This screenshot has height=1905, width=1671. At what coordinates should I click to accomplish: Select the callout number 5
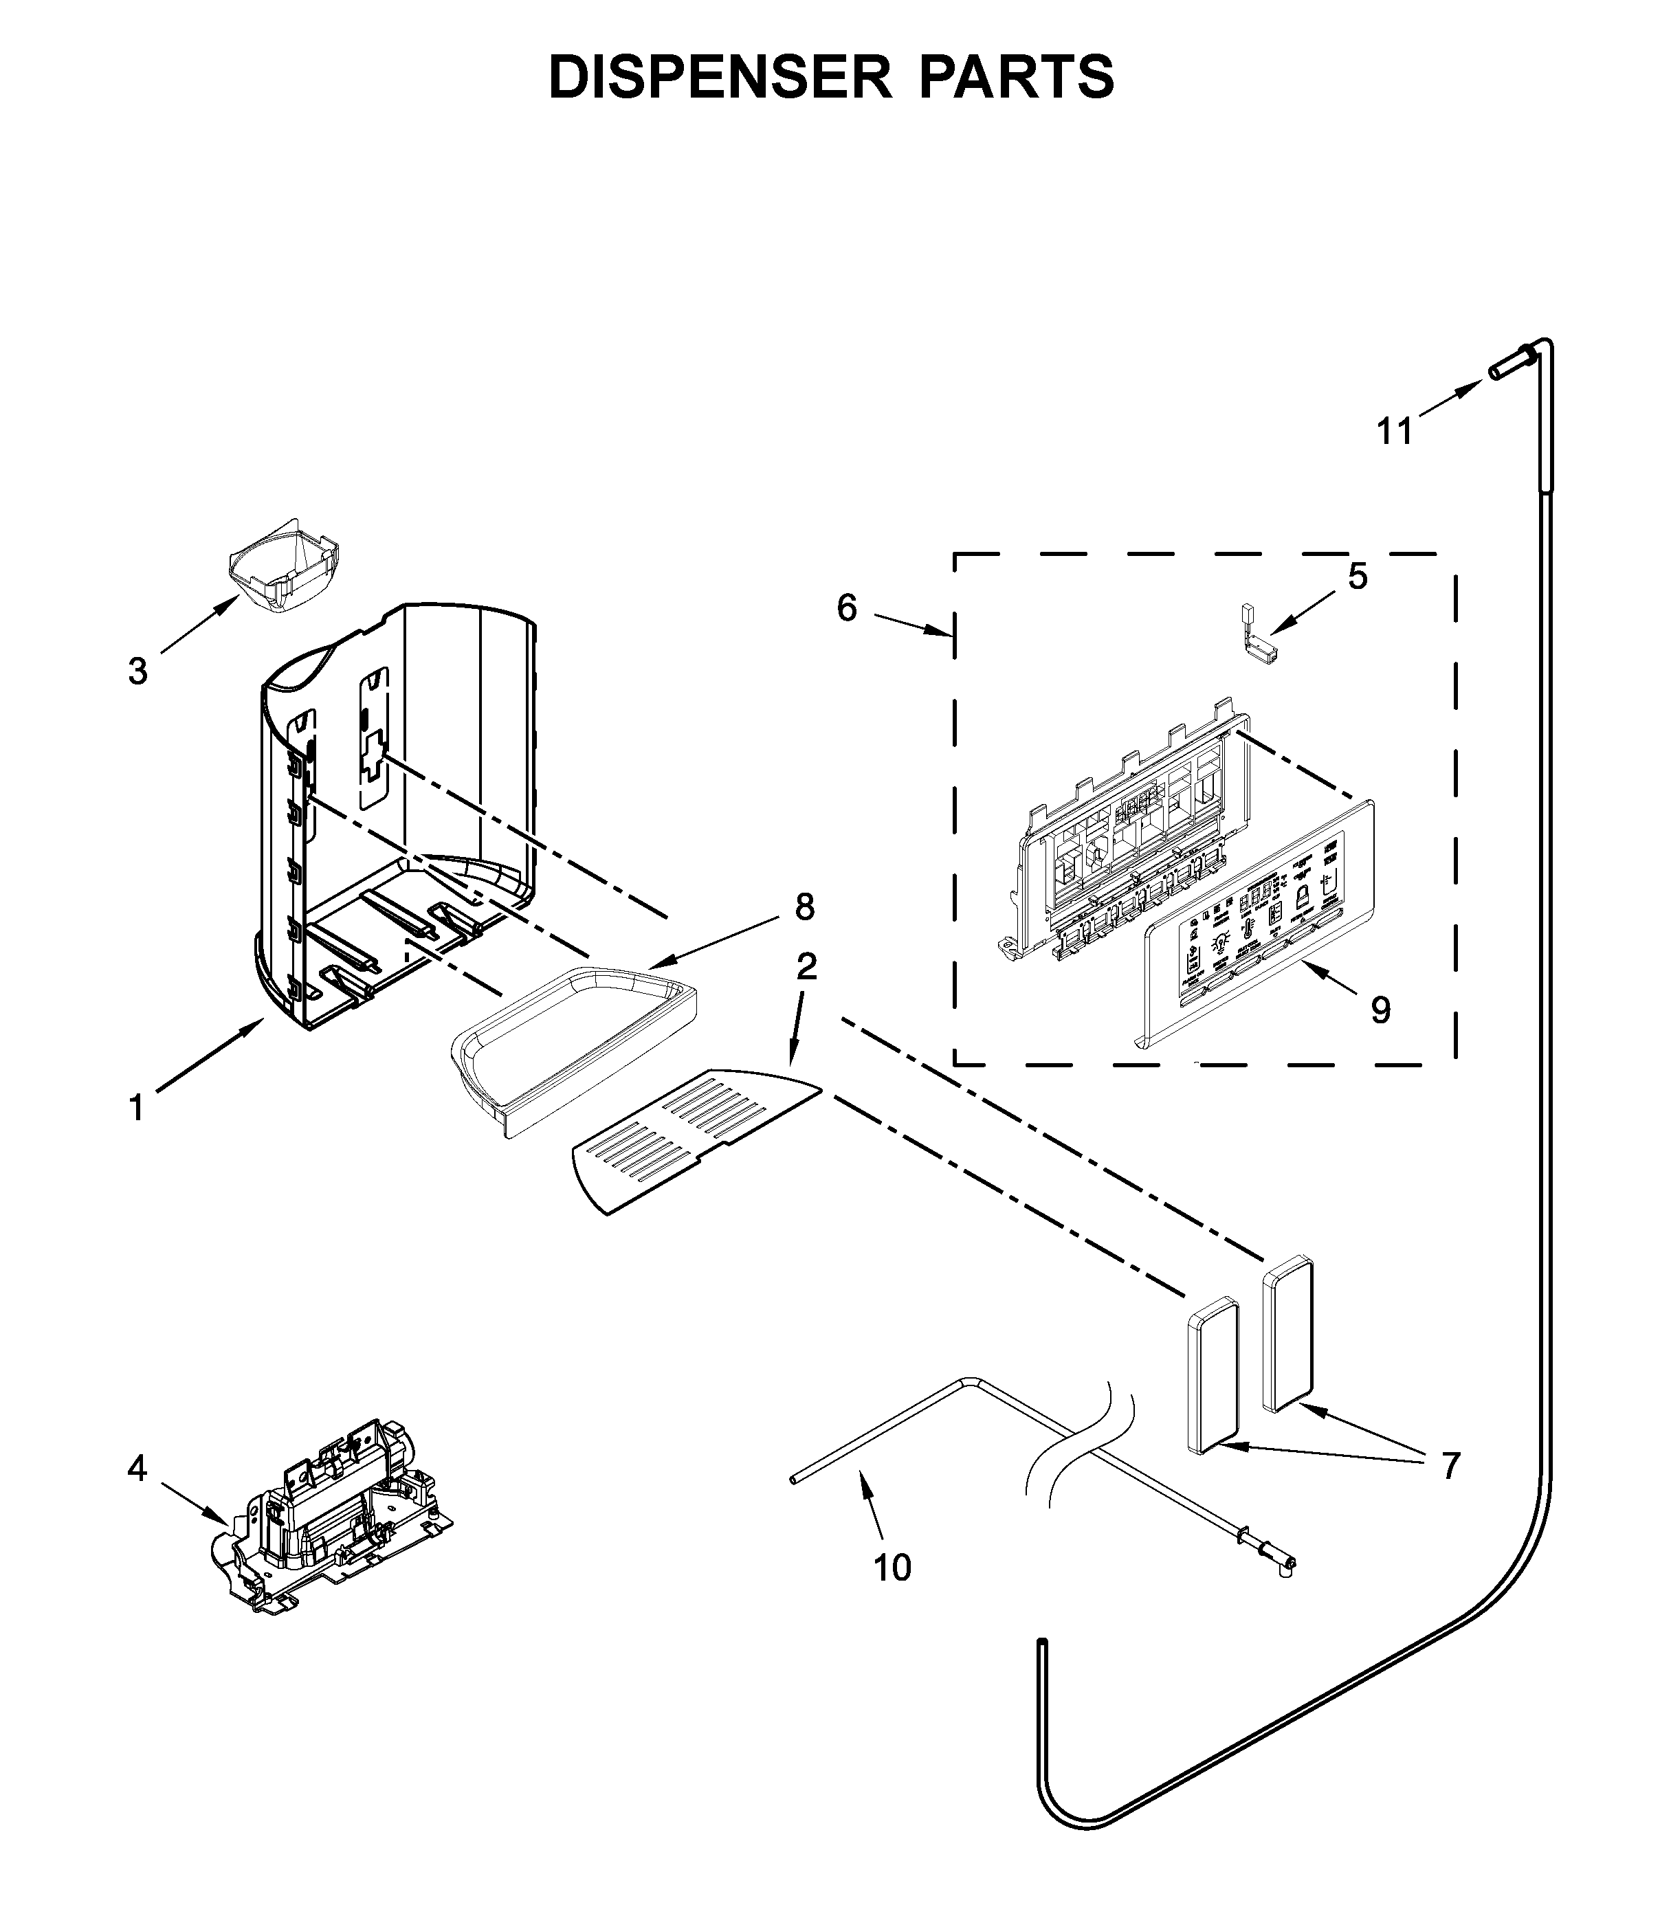(x=1358, y=577)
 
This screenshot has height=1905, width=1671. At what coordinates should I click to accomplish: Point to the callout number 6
(x=846, y=609)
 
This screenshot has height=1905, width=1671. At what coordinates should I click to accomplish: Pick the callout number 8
(x=804, y=906)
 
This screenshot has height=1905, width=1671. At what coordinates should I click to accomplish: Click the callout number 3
(x=138, y=671)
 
